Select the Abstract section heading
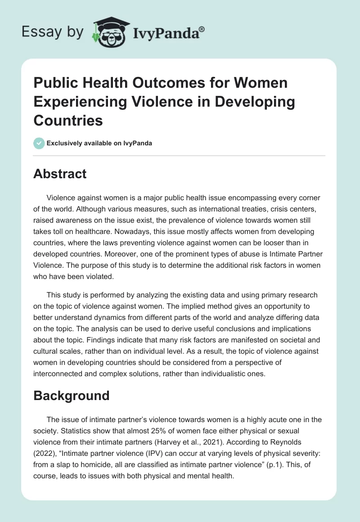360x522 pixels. coord(60,174)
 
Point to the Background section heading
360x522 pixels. coord(71,396)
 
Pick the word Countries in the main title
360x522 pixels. coord(68,121)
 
